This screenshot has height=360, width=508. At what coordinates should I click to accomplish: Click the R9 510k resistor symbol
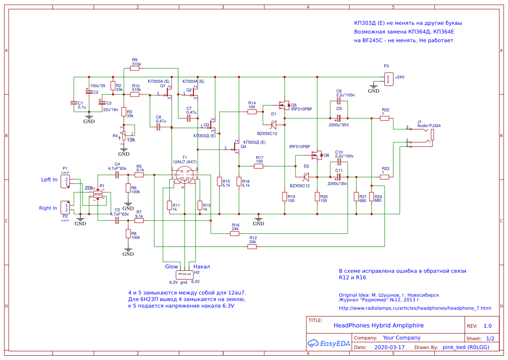click(135, 68)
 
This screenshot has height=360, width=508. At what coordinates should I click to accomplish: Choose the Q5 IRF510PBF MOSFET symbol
click(285, 105)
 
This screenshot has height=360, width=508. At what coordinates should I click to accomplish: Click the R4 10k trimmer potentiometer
click(124, 136)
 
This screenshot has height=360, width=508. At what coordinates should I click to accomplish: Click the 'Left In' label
click(49, 180)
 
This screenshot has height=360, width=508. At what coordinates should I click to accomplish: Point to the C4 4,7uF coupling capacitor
click(116, 175)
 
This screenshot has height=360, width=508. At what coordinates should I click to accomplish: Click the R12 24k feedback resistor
click(252, 247)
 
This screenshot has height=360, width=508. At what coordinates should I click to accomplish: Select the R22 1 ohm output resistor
click(384, 118)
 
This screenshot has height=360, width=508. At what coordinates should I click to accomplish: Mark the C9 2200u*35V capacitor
click(339, 118)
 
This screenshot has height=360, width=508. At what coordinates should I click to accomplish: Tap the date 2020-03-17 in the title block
click(389, 347)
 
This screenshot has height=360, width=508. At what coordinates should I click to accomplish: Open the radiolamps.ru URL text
click(415, 308)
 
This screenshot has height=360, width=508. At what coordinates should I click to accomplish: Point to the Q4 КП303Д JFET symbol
click(236, 148)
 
